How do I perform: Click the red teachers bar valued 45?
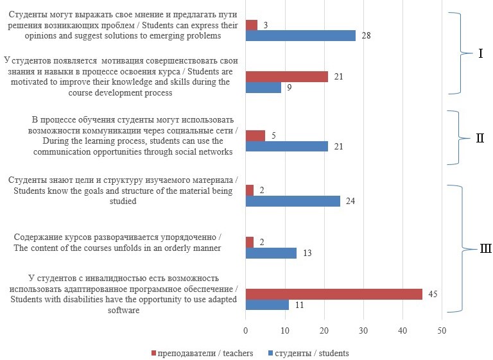click(x=334, y=294)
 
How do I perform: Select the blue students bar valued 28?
click(x=300, y=36)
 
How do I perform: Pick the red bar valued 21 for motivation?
click(x=287, y=77)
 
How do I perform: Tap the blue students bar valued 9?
click(x=263, y=88)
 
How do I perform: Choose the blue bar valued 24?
click(x=293, y=201)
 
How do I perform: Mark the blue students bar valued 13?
click(x=271, y=253)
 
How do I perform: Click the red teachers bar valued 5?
click(x=255, y=135)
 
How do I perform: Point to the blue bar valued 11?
click(x=267, y=305)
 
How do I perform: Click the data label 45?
click(x=433, y=294)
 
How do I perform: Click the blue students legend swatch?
click(x=269, y=353)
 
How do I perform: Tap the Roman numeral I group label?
click(x=481, y=53)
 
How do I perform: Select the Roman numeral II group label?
click(x=480, y=138)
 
